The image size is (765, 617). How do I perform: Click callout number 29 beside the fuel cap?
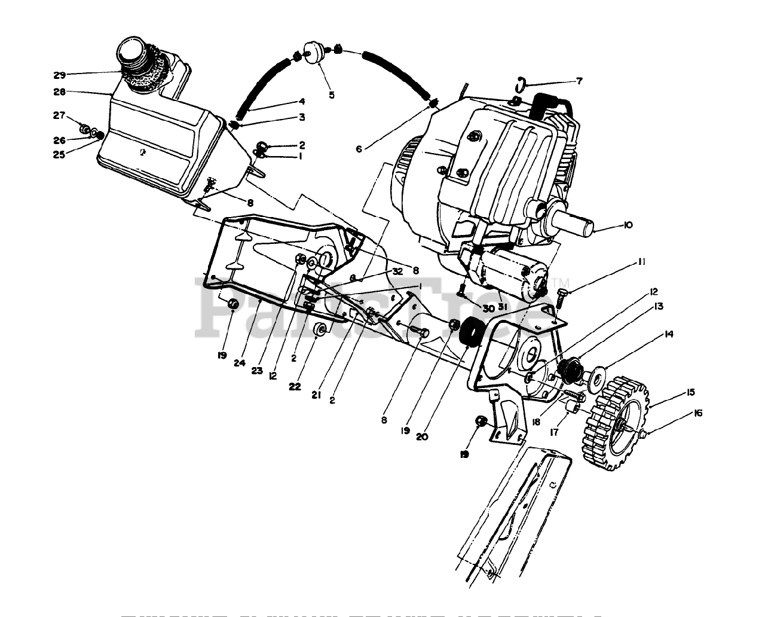click(x=59, y=75)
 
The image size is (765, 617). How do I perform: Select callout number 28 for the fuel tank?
click(x=59, y=92)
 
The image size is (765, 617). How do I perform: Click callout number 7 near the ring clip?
click(x=579, y=81)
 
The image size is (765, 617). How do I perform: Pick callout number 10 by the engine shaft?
click(x=627, y=225)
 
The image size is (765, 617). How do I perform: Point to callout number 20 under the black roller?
click(x=422, y=436)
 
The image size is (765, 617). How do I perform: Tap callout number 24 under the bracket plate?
click(x=240, y=362)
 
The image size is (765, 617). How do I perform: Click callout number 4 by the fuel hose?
click(x=302, y=102)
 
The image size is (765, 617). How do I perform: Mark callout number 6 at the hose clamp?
click(x=359, y=149)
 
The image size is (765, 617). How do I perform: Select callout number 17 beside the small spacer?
click(x=554, y=431)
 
